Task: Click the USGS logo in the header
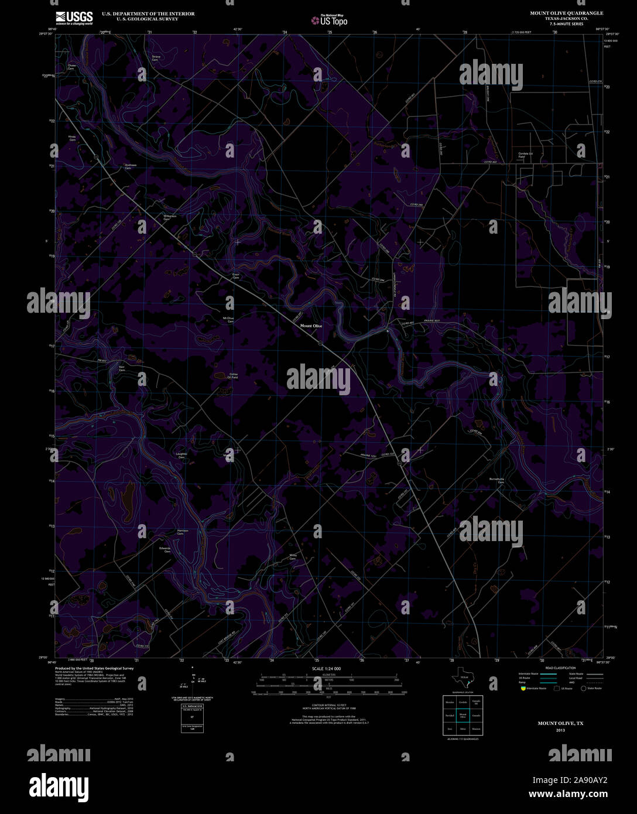tap(74, 18)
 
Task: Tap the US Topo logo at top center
tap(329, 20)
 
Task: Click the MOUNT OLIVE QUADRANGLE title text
tap(567, 13)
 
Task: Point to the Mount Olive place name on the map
tap(311, 326)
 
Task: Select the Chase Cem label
tap(71, 67)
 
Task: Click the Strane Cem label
tap(156, 59)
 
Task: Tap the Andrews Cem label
tap(131, 166)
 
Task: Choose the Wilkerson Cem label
tap(170, 217)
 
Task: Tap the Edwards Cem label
tap(165, 550)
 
